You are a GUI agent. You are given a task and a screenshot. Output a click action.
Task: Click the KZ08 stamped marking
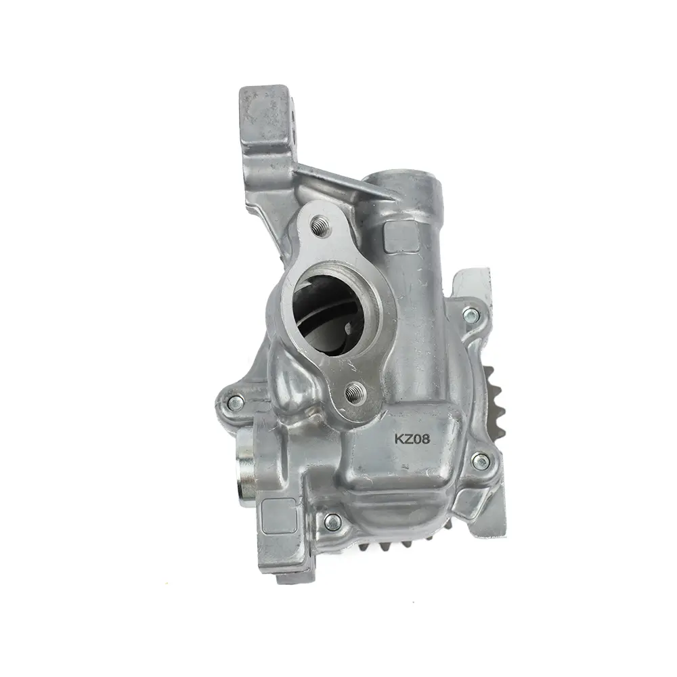coord(412,439)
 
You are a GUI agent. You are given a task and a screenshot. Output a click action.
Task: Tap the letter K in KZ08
coord(398,439)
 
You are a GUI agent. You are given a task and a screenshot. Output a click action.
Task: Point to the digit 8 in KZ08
coord(426,439)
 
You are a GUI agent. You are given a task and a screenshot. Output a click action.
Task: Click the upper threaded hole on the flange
coord(321,226)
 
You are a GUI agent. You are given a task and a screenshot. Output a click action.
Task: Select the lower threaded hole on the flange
coord(356,393)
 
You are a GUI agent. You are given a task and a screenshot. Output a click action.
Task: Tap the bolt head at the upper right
coord(471,315)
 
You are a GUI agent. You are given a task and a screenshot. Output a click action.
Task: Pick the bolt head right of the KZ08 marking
coord(481,462)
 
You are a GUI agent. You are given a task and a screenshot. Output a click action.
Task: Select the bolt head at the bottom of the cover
coord(332,522)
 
